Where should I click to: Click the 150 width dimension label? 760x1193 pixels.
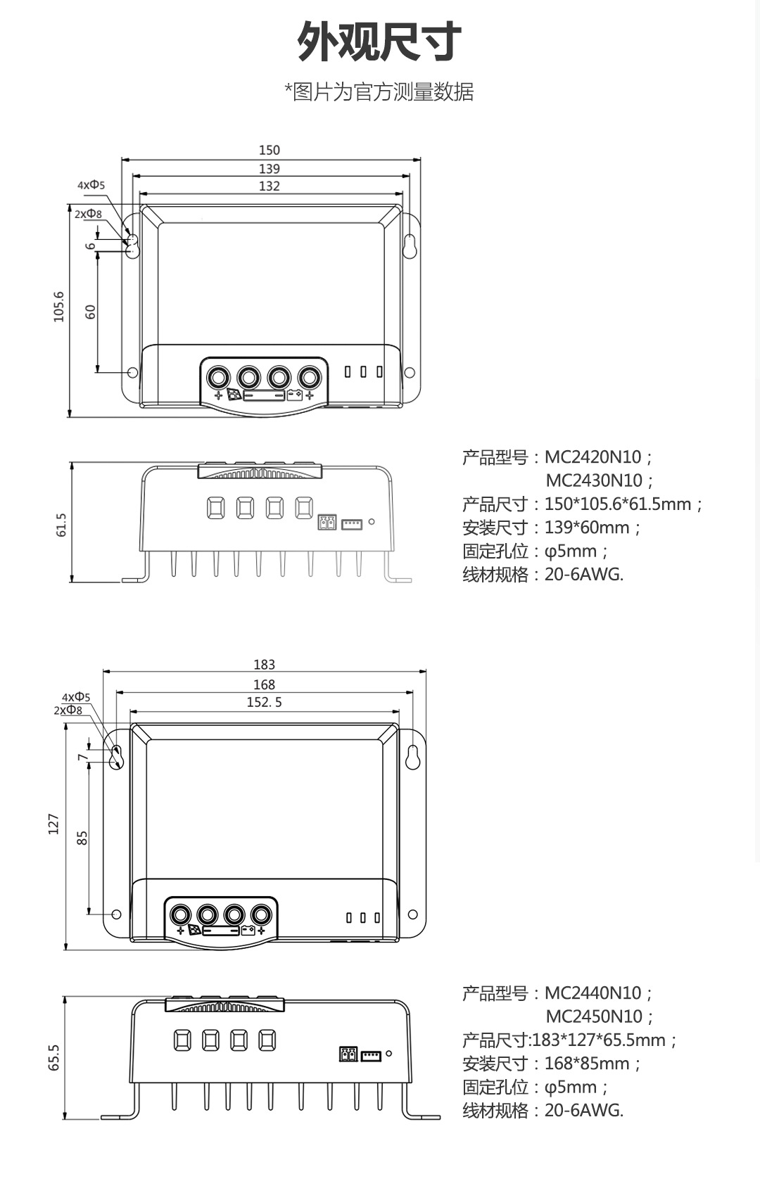pos(269,150)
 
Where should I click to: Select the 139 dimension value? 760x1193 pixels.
pos(269,169)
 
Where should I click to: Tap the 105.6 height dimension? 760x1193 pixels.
pos(59,307)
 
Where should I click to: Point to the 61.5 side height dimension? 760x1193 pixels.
pos(61,525)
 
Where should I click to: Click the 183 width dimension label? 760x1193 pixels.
pos(264,665)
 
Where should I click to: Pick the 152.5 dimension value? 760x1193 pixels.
pos(264,702)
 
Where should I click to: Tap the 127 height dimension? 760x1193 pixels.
pos(53,824)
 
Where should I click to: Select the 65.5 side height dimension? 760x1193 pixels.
pos(54,1057)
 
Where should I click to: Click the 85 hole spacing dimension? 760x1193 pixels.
pos(82,838)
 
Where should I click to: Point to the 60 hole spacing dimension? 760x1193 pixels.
pos(90,312)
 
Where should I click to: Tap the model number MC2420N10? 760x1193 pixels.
pos(593,457)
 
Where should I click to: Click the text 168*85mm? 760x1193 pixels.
pos(587,1064)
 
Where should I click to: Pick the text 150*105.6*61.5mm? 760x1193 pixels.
pos(618,504)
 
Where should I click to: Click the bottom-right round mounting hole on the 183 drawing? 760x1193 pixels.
pos(412,914)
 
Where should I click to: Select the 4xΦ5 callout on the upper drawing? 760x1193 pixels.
pos(91,185)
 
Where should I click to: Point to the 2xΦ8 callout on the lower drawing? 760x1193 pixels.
pos(68,710)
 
